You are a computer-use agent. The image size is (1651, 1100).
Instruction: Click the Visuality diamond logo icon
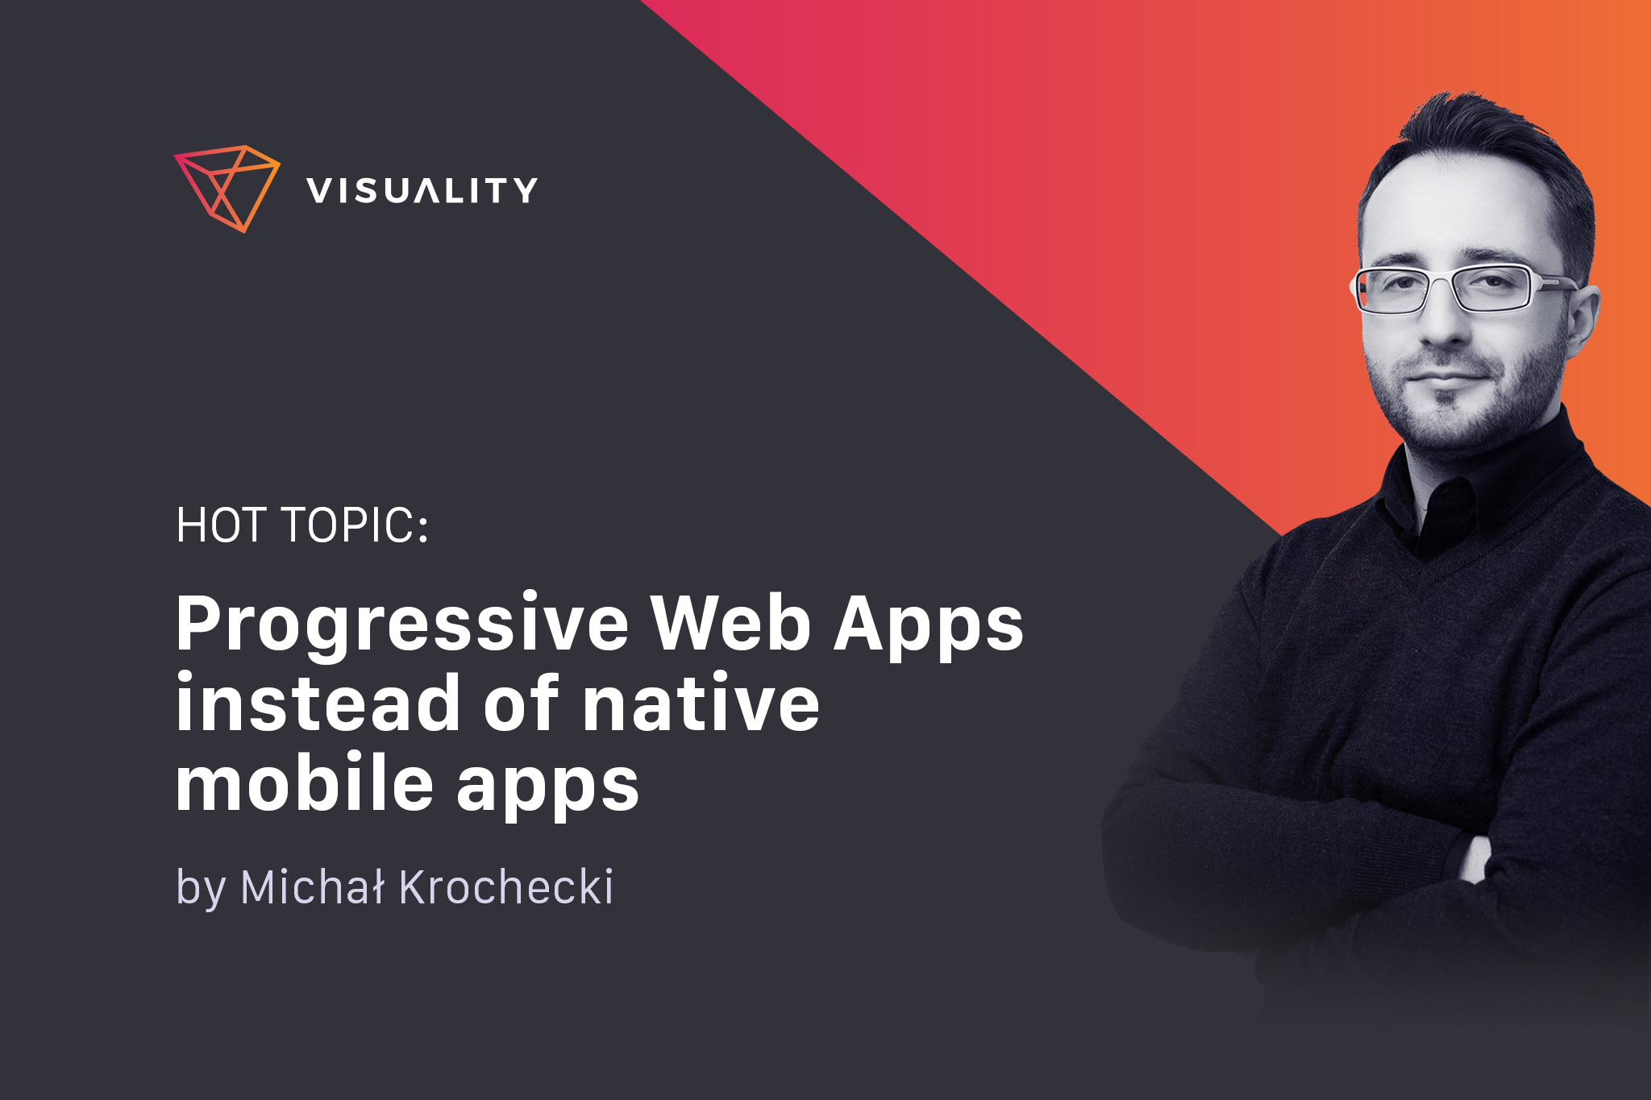tap(227, 189)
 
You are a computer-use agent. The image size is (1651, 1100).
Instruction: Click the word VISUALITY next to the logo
tap(422, 191)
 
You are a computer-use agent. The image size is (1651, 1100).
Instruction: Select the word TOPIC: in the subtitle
tap(355, 525)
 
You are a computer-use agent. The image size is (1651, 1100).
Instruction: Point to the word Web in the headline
tap(730, 622)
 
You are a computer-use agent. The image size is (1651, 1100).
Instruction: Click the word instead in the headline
tap(317, 702)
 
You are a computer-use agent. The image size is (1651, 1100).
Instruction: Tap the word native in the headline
tap(700, 704)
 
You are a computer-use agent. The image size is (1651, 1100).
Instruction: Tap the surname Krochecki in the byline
tap(505, 887)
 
